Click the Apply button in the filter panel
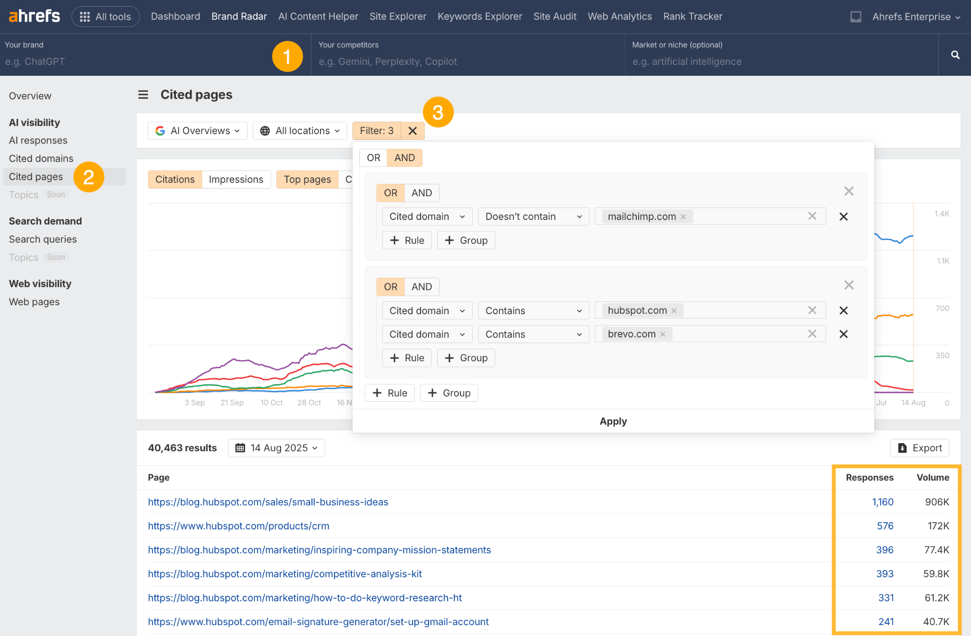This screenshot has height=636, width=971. coord(613,421)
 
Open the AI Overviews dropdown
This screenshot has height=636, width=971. coord(198,131)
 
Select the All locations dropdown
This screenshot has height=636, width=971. coord(300,131)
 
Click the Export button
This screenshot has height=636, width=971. coord(920,448)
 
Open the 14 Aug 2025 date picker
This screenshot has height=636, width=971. coord(276,448)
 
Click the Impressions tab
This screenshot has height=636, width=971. coord(236,180)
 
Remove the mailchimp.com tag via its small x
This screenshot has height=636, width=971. coord(683,217)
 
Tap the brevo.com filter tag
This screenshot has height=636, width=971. coord(632,334)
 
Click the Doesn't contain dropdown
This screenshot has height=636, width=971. coord(533,217)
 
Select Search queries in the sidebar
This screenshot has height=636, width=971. coord(43,239)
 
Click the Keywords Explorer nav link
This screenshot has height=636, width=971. coord(479,17)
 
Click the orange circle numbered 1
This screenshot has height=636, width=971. coord(287,56)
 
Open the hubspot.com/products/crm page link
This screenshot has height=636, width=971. coord(238,526)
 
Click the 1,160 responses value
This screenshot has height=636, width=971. coord(882,502)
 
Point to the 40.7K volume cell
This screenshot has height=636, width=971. coord(936,622)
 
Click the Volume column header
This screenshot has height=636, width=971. coord(933,477)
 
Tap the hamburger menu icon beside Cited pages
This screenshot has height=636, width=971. coord(143,95)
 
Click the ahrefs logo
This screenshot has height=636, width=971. coord(34,17)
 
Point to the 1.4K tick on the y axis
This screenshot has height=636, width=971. coord(942,214)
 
